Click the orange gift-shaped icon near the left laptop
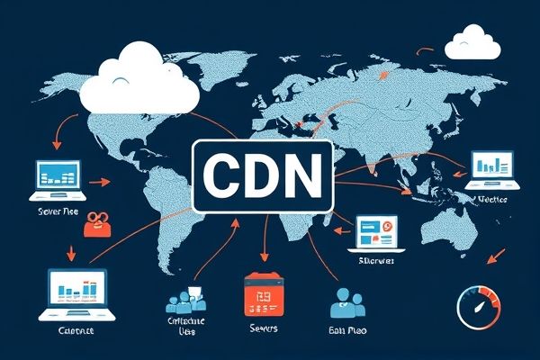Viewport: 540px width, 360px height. pos(96,224)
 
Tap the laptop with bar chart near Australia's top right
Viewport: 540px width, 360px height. pos(490,169)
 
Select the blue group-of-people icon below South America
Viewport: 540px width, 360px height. pos(185,301)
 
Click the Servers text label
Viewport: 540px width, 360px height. pos(263,329)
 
